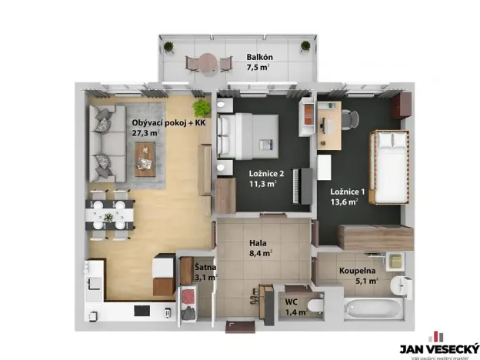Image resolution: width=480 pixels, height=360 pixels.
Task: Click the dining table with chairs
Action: (x=108, y=212)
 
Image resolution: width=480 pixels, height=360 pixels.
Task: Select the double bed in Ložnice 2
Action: (x=249, y=135)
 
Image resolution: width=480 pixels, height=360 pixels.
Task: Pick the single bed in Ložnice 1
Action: (x=388, y=168)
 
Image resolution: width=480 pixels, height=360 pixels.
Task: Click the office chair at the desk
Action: (x=349, y=118)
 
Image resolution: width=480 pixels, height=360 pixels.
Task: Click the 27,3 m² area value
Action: (x=145, y=133)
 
